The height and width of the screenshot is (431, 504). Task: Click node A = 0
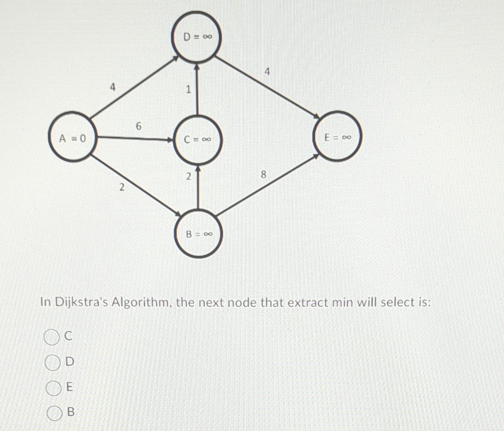[x=72, y=138]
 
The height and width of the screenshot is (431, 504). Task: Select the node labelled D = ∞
[x=196, y=37]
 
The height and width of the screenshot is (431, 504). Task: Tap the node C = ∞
[x=197, y=140]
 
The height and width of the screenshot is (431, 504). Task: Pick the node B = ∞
[x=198, y=234]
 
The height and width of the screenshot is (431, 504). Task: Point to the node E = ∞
[x=337, y=137]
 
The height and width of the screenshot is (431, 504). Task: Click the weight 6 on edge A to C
[x=138, y=126]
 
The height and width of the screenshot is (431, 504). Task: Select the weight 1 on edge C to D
[x=189, y=89]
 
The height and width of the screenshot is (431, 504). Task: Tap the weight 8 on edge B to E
[x=263, y=174]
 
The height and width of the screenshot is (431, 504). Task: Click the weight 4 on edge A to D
[x=113, y=87]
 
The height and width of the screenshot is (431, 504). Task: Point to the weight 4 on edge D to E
[x=267, y=72]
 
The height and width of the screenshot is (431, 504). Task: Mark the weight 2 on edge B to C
[x=189, y=176]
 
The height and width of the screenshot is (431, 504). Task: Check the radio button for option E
[x=52, y=388]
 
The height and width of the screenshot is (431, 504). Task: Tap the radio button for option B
[x=53, y=413]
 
